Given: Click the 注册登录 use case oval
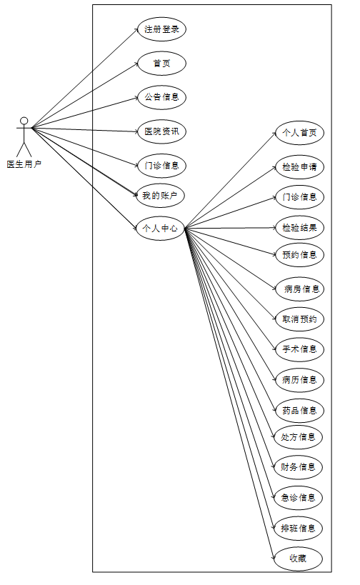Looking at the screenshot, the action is point(161,29).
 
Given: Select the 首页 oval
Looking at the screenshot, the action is point(161,64).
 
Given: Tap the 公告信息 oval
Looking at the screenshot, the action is point(161,97).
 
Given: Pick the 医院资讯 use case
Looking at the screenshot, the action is point(161,131).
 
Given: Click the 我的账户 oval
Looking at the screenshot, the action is point(160,196).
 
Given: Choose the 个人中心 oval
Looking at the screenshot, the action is point(160,228).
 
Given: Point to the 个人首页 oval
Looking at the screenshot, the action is point(299,133).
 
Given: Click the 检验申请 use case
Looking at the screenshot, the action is point(299,166).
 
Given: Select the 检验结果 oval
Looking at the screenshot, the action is point(299,228).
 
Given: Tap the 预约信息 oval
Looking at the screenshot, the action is point(299,255).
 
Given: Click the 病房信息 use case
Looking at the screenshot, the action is point(299,289).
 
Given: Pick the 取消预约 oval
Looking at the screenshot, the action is point(299,319).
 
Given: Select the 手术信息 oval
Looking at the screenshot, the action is point(299,349).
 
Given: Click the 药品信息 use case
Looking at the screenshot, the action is point(299,411).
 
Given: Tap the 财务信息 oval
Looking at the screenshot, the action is point(298,467).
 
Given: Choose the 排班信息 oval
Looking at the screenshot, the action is point(298,529).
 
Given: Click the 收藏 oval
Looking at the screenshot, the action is point(298,559).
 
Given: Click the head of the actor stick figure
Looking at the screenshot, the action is point(24,121).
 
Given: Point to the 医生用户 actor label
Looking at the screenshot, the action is point(24,164).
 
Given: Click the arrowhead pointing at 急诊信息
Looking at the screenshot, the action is point(272,496).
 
